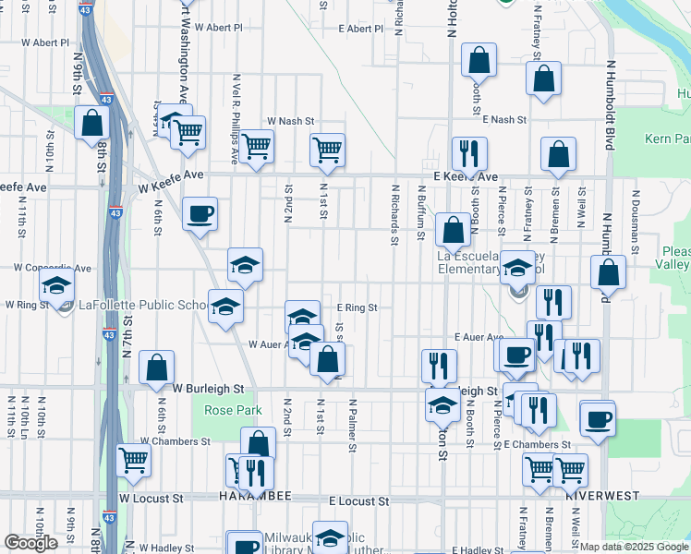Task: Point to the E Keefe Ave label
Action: pyautogui.click(x=466, y=176)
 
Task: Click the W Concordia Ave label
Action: pyautogui.click(x=53, y=269)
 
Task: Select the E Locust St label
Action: pyautogui.click(x=358, y=500)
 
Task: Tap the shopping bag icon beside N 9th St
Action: pyautogui.click(x=91, y=123)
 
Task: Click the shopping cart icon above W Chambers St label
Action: pyautogui.click(x=134, y=458)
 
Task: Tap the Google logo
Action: pyautogui.click(x=31, y=542)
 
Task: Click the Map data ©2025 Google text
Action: pyautogui.click(x=634, y=547)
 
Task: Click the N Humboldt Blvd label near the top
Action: pyautogui.click(x=610, y=92)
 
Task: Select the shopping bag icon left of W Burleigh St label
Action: pyautogui.click(x=157, y=367)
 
